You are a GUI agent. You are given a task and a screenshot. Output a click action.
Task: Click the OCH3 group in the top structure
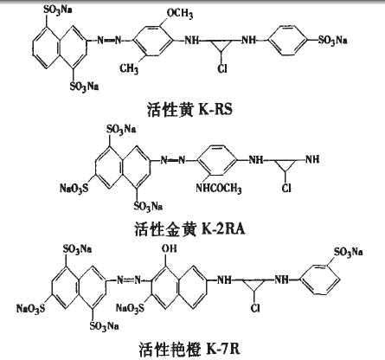tap(180, 13)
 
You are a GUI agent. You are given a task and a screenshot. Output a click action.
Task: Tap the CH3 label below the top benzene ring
tap(129, 68)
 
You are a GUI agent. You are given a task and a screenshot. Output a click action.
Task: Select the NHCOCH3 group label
tap(219, 189)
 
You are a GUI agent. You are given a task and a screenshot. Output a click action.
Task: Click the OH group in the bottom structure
tap(169, 248)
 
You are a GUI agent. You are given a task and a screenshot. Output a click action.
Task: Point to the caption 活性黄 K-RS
tap(189, 110)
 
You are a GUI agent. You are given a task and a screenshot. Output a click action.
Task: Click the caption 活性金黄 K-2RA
tap(189, 229)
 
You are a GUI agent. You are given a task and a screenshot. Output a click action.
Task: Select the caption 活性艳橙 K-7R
tap(189, 349)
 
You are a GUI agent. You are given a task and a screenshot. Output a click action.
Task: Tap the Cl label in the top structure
tap(222, 68)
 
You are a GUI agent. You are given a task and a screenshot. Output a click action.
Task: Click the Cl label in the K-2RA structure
tap(286, 188)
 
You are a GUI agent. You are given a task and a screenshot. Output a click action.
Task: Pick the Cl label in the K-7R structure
tap(255, 308)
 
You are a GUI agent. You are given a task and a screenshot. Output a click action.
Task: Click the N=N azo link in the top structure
tap(109, 40)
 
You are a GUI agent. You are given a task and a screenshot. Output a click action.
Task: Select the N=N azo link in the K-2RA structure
tap(173, 159)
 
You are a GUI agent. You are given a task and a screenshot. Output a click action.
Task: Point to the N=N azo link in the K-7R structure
tap(129, 280)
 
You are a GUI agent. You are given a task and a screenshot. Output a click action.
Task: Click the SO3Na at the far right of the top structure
tap(332, 40)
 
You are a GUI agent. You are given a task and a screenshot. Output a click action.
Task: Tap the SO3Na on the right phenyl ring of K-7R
tap(348, 253)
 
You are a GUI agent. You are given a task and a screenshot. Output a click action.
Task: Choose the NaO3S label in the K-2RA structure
tap(74, 189)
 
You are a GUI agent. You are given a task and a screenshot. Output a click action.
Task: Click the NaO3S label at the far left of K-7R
tap(31, 308)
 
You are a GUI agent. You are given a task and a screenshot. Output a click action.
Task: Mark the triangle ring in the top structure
tap(221, 46)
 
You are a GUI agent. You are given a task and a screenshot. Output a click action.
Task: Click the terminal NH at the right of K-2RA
tap(312, 159)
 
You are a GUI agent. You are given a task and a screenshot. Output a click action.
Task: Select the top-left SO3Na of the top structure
tap(57, 10)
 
